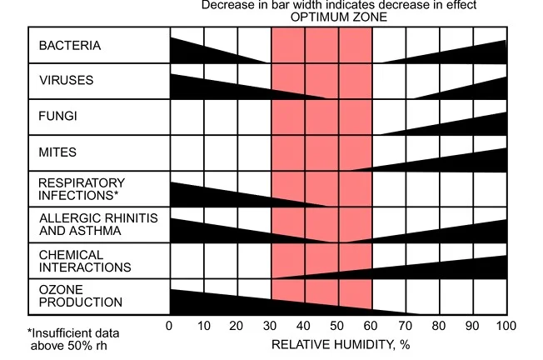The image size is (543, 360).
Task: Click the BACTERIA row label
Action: (69, 46)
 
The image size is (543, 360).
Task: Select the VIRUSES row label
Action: (66, 81)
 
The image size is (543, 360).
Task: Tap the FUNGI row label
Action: (57, 117)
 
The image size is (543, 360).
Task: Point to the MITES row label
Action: (57, 152)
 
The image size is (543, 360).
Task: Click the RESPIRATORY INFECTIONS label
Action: (82, 189)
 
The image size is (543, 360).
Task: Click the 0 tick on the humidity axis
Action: (170, 326)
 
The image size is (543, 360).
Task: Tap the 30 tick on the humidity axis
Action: (271, 326)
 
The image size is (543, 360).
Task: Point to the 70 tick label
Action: (406, 326)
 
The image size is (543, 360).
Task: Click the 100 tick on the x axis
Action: (506, 326)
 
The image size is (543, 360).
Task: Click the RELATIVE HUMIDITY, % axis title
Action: (341, 343)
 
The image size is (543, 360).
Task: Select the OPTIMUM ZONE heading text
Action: (339, 17)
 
